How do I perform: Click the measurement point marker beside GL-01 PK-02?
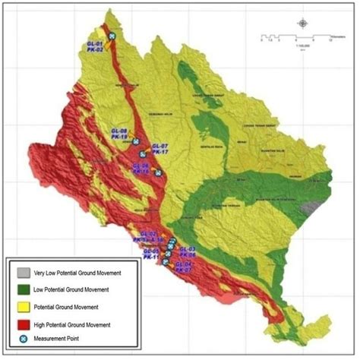[112, 36]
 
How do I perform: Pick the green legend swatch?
[21, 289]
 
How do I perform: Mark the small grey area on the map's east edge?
[307, 206]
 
